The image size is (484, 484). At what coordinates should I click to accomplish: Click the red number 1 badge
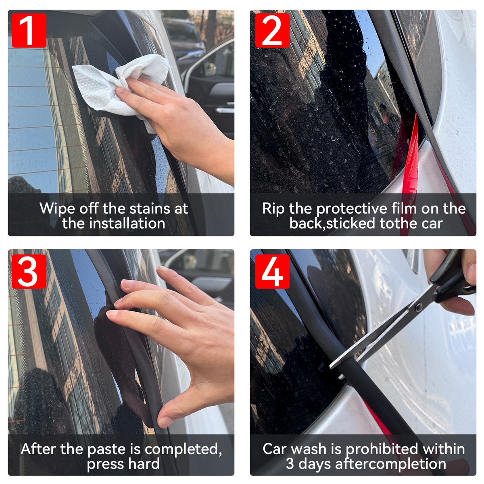[x=29, y=30]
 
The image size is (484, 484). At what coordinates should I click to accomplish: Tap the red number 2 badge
[x=272, y=30]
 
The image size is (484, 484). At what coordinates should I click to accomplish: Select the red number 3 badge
[x=29, y=271]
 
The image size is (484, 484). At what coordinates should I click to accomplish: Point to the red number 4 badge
[x=272, y=271]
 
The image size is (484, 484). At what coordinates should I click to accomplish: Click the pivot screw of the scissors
[x=418, y=307]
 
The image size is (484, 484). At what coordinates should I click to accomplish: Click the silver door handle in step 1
[x=225, y=110]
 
